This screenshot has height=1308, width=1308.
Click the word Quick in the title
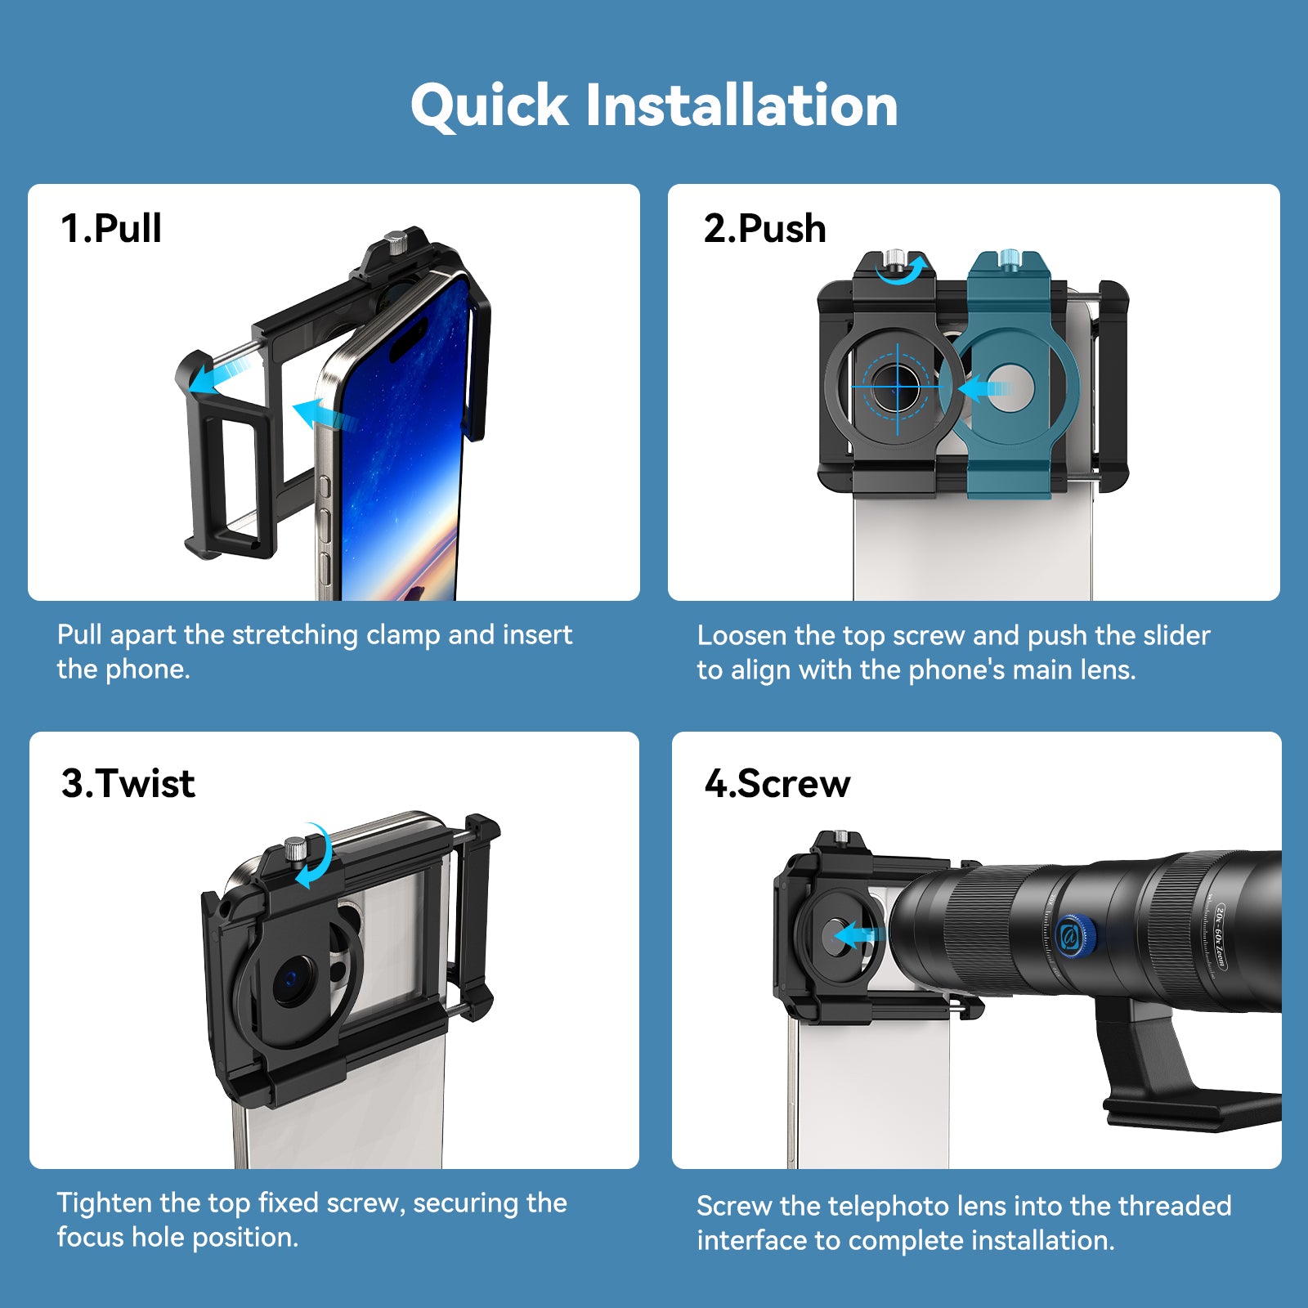[x=489, y=107]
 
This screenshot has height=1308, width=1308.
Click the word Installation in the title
[x=742, y=105]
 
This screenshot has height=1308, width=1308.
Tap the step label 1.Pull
[x=111, y=228]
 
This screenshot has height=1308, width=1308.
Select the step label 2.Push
[x=764, y=228]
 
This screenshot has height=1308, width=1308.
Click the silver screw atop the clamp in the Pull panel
[x=397, y=243]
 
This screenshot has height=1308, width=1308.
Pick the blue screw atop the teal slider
[x=1010, y=258]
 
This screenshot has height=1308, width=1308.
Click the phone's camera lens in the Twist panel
[x=292, y=980]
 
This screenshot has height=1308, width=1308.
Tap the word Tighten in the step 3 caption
[x=105, y=1203]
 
